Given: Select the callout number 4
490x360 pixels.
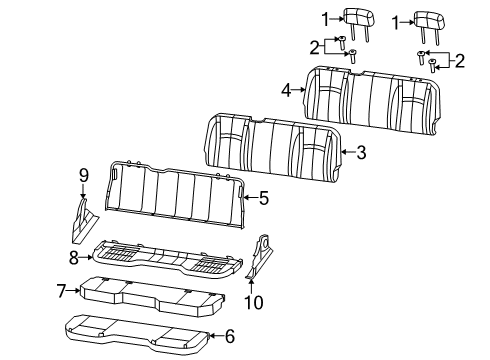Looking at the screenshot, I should coord(286,90).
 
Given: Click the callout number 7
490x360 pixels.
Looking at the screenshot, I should coord(62,291).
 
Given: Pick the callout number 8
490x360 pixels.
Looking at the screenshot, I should coord(73,256).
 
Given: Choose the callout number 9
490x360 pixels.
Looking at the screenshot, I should coord(84,177).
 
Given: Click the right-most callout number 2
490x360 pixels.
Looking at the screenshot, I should coord(460,62).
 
